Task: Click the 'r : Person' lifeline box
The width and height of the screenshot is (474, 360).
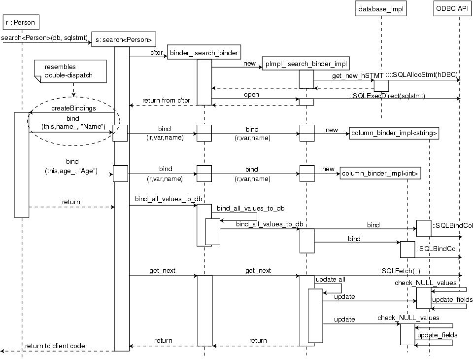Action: pos(20,22)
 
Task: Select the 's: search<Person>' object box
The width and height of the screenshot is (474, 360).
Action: pos(124,39)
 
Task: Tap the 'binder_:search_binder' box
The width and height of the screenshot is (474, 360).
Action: pos(204,52)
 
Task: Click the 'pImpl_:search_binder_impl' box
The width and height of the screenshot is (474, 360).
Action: pos(306,64)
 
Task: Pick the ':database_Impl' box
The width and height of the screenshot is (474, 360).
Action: pos(381,8)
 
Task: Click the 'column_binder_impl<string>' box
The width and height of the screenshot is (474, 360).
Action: pos(394,133)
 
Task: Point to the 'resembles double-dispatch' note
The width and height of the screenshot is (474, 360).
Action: pos(70,71)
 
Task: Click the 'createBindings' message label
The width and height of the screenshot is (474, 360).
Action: pos(73,108)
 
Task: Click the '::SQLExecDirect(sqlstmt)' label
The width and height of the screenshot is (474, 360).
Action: pos(387,96)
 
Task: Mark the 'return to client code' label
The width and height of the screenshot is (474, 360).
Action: pos(55,346)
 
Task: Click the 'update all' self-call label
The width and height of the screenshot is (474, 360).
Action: pos(330,279)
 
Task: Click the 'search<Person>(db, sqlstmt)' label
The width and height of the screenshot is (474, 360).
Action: pos(44,37)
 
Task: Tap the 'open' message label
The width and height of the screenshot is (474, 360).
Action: pos(251,94)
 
